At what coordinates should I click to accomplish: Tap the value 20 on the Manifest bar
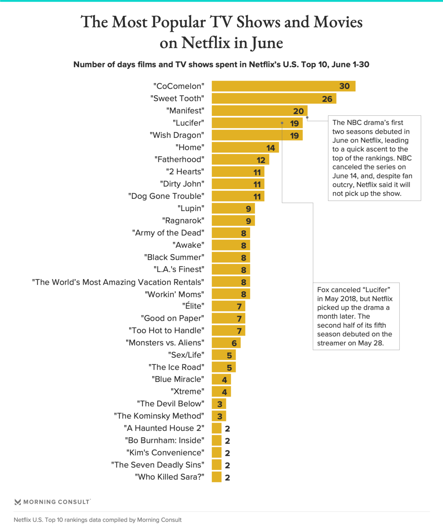[x=298, y=111]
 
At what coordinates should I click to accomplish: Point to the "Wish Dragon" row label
[x=177, y=135]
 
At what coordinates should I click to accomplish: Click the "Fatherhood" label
[x=179, y=159]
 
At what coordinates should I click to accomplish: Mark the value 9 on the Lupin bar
[x=248, y=209]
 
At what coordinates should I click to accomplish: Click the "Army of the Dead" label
[x=168, y=233]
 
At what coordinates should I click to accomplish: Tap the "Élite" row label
[x=193, y=306]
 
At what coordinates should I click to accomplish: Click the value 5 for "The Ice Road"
[x=229, y=367]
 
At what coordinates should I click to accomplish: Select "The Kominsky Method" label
[x=159, y=416]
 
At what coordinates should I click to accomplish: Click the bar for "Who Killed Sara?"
[x=217, y=477]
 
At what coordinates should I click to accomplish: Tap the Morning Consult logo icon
[x=18, y=502]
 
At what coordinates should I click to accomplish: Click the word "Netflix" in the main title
[x=206, y=43]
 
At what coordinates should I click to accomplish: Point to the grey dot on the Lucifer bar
[x=282, y=123]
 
